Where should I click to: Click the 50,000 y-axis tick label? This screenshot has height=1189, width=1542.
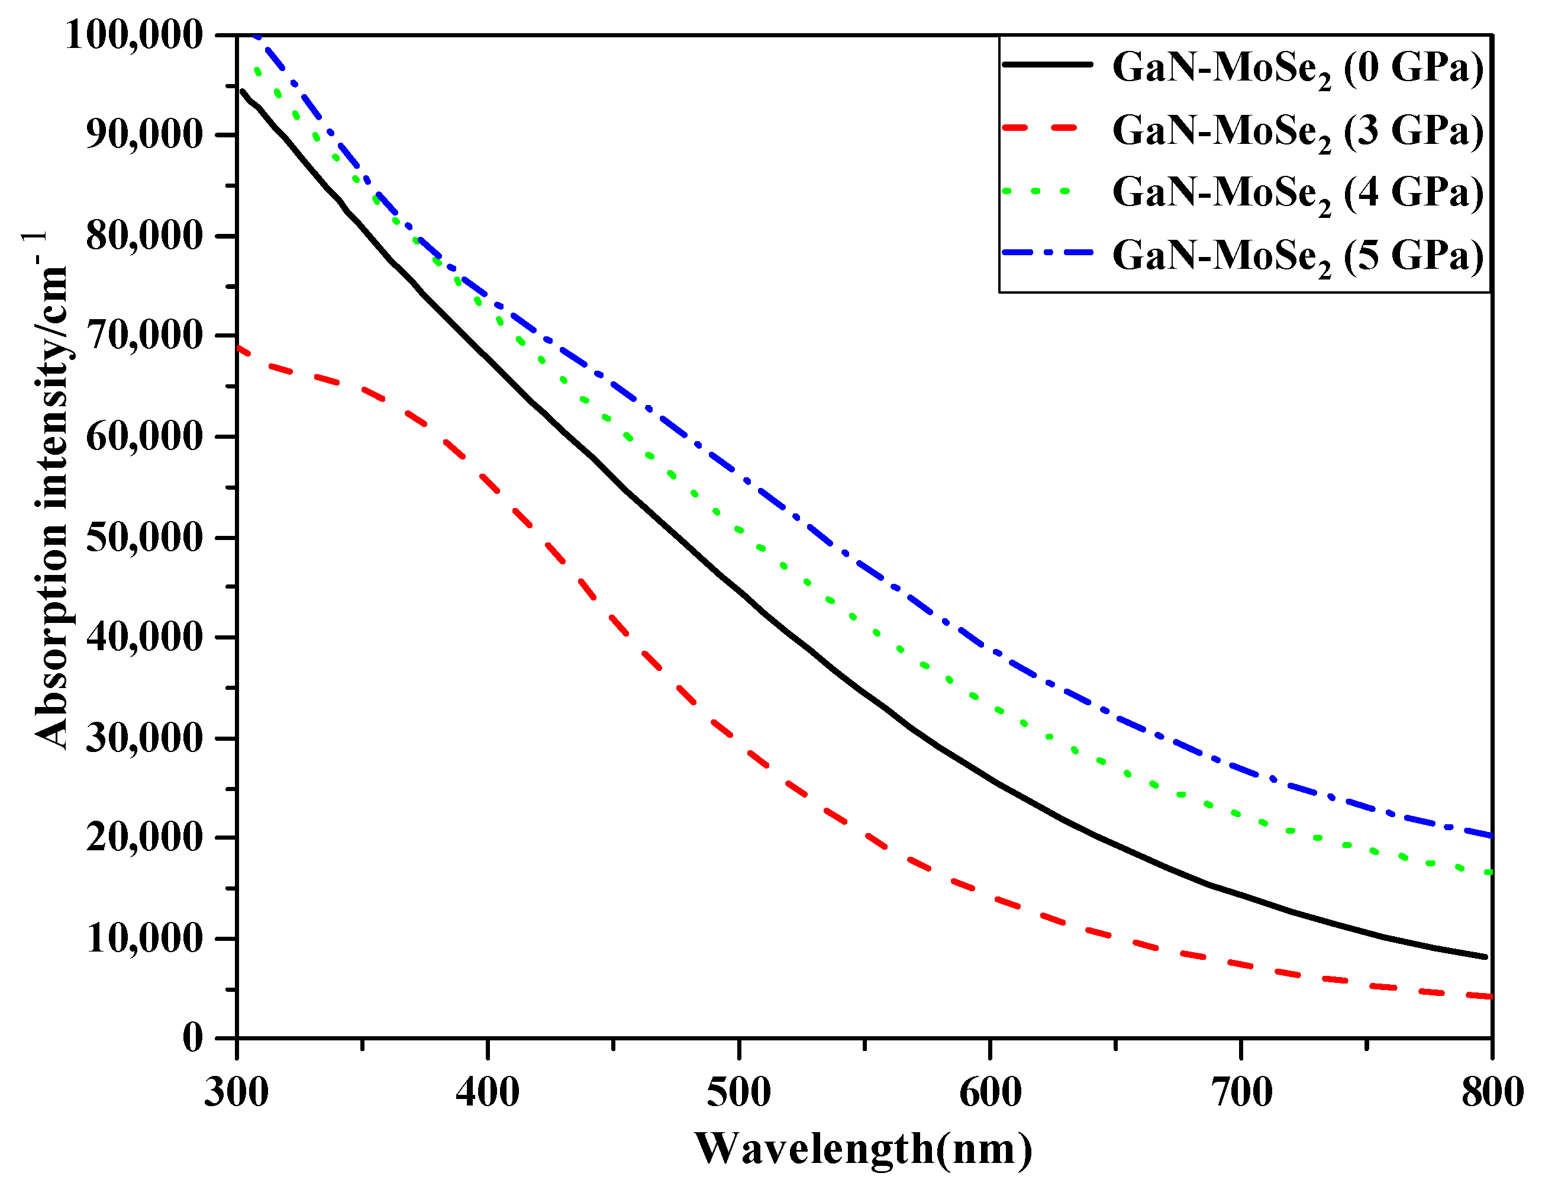point(145,538)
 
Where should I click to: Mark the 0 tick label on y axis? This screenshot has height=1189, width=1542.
point(193,1039)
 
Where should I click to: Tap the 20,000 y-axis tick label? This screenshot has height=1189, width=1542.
point(145,838)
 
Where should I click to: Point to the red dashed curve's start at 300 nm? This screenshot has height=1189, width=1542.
point(238,348)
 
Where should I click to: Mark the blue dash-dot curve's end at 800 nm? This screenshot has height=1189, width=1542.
point(1490,835)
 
